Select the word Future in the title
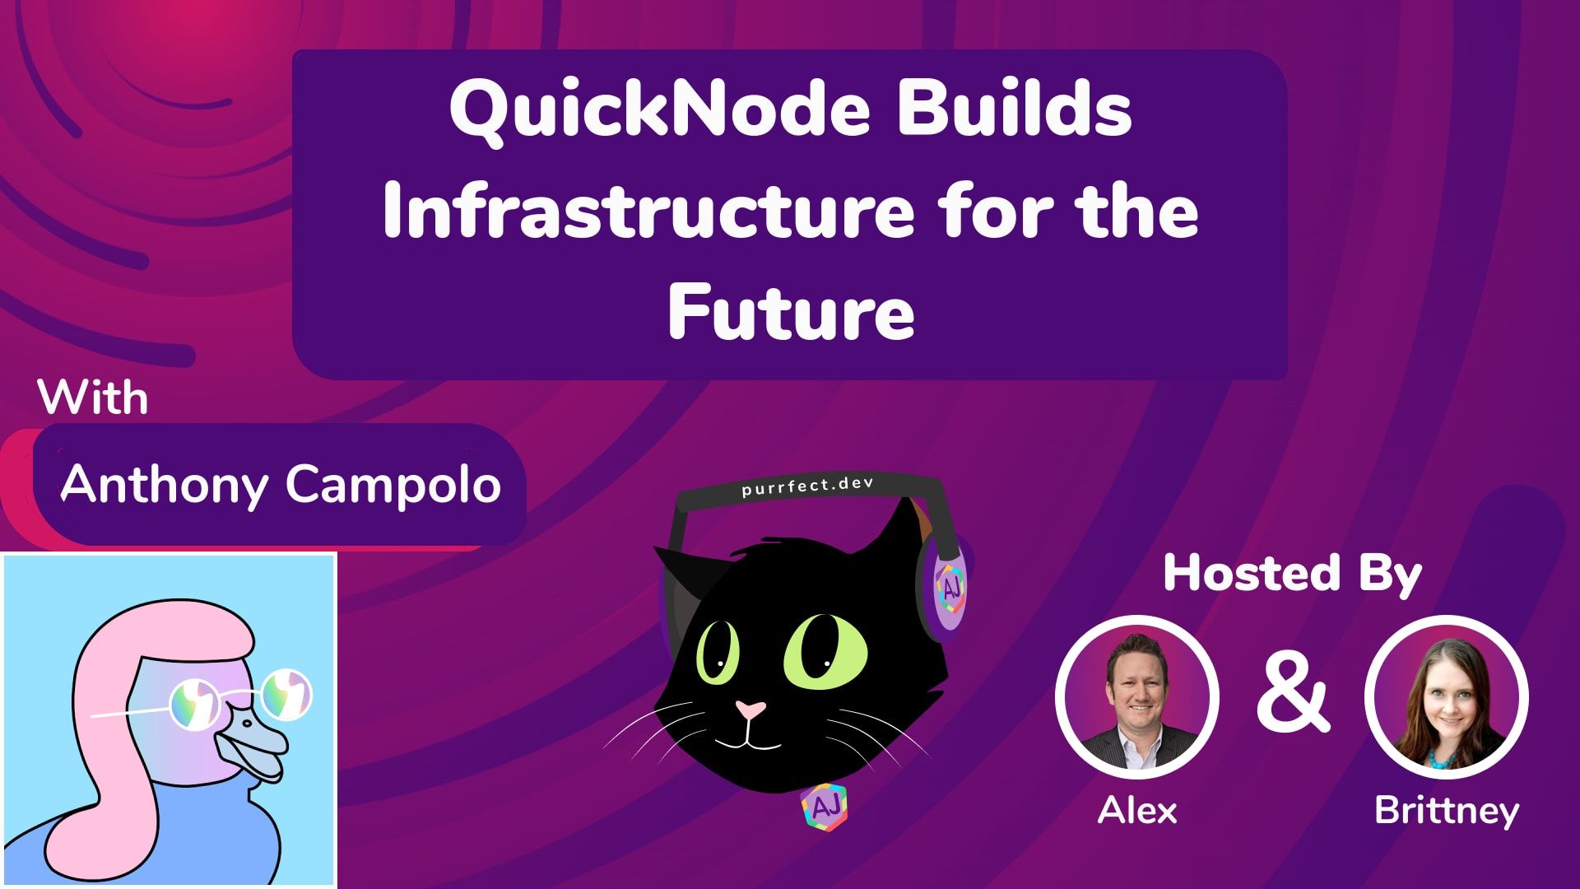point(791,312)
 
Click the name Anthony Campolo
point(281,483)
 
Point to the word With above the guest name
point(93,398)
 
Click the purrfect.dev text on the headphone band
point(806,486)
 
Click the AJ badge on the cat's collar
point(824,808)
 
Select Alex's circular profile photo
point(1137,697)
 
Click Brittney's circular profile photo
point(1447,697)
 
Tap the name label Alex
point(1137,811)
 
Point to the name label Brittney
point(1447,811)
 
